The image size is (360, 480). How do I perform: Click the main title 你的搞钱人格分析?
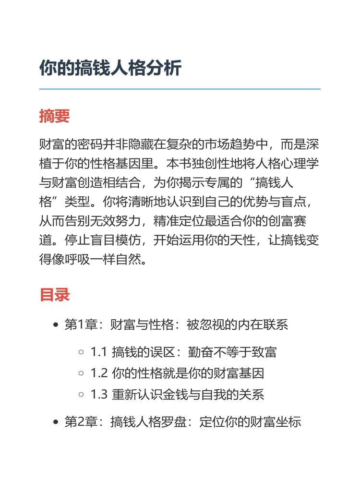[x=110, y=68]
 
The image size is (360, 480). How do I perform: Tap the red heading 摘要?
[x=55, y=116]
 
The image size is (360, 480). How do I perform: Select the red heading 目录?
[x=55, y=294]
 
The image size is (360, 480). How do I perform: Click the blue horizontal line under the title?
[x=180, y=89]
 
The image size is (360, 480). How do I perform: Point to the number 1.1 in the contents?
[x=98, y=352]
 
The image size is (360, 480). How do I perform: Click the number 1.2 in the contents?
[x=98, y=373]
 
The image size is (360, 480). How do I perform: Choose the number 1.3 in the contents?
[x=98, y=395]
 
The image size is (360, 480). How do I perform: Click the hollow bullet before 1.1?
[x=81, y=353]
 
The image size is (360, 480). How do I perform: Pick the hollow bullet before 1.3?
[x=81, y=395]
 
